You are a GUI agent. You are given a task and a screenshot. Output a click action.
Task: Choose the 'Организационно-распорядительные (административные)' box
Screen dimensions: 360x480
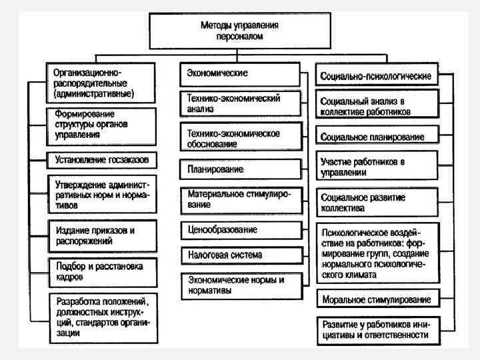click(x=101, y=81)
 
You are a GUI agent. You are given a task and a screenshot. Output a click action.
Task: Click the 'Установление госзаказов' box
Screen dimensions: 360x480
click(x=102, y=160)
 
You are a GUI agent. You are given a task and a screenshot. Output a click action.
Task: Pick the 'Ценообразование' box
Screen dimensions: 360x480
click(x=238, y=230)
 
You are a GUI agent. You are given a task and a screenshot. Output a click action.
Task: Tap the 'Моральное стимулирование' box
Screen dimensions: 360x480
click(x=378, y=298)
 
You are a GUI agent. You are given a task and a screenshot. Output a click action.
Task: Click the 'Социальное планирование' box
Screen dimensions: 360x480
click(x=378, y=137)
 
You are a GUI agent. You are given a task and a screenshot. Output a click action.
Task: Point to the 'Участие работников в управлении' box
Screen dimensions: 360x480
click(x=378, y=167)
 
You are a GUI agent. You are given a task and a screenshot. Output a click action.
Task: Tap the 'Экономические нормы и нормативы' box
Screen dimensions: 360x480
click(x=239, y=286)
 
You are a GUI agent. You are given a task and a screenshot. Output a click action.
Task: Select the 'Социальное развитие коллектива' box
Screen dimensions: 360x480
click(x=378, y=203)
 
